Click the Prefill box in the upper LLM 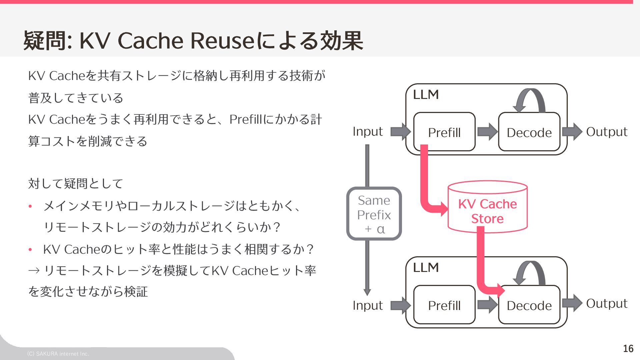444,132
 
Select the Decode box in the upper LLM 529,132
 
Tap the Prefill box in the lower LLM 444,305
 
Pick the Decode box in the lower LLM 529,305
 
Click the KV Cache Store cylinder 487,207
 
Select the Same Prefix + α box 374,214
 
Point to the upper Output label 607,132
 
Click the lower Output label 607,303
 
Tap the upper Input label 368,132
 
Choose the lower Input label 368,305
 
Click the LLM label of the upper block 426,95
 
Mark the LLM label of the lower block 426,268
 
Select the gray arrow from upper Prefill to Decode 487,131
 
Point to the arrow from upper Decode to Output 572,131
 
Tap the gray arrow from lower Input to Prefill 401,305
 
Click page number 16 628,349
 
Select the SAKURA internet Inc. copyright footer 58,354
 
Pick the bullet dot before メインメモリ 30,206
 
